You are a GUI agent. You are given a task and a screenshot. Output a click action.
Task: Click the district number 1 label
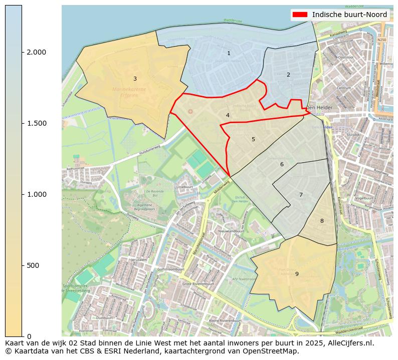229,53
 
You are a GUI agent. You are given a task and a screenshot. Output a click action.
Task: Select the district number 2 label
288,75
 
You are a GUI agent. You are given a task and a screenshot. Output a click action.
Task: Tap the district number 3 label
135,79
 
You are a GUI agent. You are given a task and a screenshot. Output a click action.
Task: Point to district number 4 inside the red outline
228,115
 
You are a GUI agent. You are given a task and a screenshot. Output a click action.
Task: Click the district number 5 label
253,139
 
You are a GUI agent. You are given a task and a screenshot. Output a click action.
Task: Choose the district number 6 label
282,164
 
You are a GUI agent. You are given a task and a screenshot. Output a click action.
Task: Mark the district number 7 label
301,195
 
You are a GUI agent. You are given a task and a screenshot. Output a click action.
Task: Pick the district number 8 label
322,221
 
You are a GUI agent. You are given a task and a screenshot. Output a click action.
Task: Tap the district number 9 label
297,274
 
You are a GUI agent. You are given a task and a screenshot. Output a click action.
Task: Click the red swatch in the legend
300,15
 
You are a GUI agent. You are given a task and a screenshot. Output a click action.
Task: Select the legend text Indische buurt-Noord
349,15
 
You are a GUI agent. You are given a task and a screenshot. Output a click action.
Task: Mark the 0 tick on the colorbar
29,336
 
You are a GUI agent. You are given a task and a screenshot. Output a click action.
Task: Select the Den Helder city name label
319,108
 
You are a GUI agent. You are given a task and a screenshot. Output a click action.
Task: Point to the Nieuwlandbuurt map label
231,231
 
